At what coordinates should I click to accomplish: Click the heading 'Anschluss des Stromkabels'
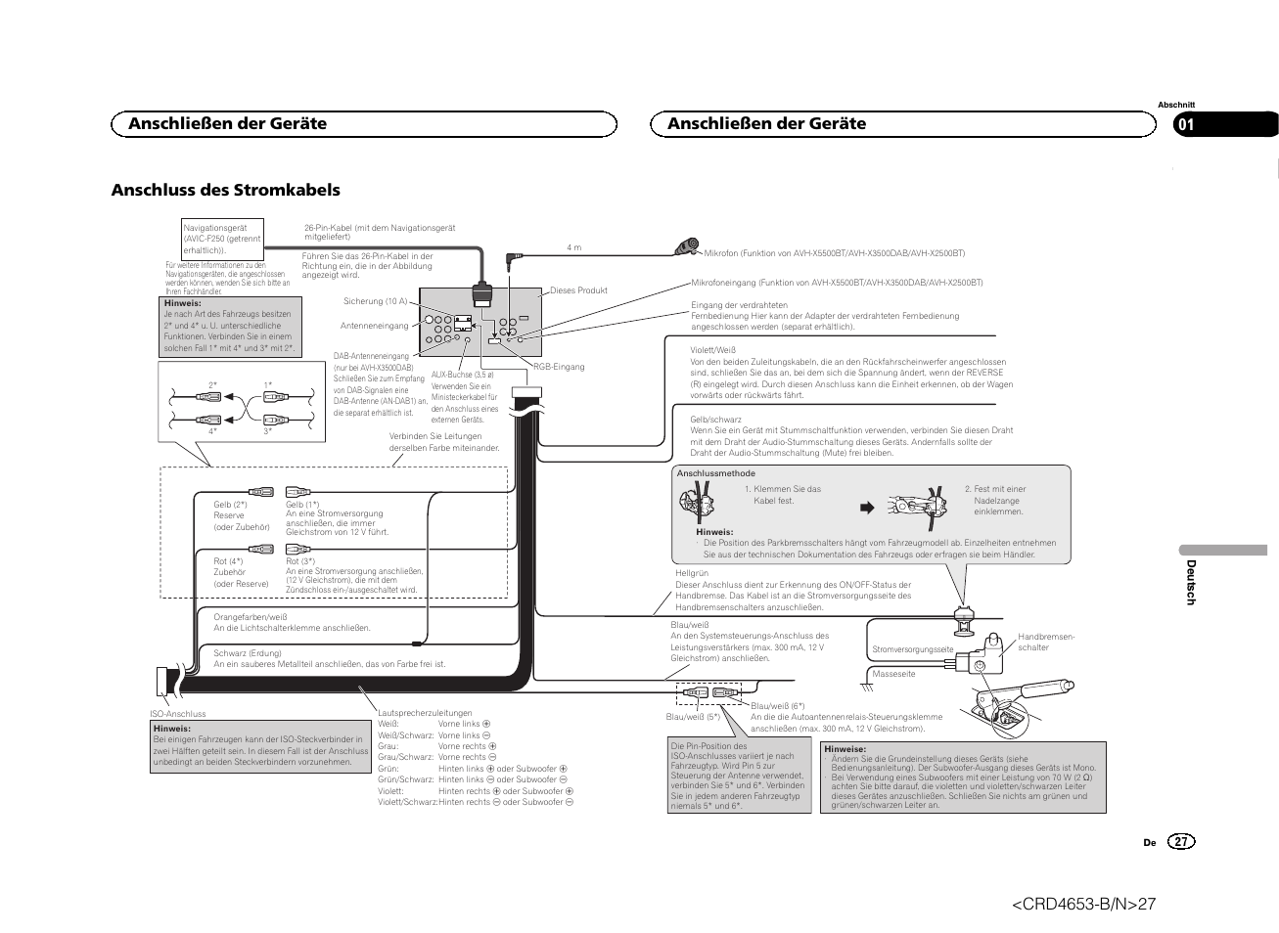tap(225, 190)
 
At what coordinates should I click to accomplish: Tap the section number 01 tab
tap(1186, 124)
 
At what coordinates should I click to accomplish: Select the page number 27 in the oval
tap(1181, 842)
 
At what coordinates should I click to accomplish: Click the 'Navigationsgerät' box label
tap(215, 228)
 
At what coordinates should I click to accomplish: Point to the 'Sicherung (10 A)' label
tap(375, 301)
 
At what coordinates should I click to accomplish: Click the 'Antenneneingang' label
tap(374, 326)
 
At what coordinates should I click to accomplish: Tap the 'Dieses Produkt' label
tap(578, 290)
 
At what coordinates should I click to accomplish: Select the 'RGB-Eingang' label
tap(559, 367)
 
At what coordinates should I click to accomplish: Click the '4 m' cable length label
tap(574, 247)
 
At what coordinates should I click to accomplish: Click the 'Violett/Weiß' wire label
tap(712, 350)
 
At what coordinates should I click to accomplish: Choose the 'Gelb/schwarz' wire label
tap(715, 420)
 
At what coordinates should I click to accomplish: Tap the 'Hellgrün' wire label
tap(692, 573)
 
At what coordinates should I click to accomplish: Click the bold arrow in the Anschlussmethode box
tap(866, 508)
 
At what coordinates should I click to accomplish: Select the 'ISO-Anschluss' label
tap(178, 714)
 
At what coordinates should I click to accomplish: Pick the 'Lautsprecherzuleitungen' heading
tap(425, 713)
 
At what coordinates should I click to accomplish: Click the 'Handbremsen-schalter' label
tap(1046, 642)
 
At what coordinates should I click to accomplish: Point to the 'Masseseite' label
tap(893, 674)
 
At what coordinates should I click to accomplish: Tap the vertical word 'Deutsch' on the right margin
tap(1191, 582)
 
